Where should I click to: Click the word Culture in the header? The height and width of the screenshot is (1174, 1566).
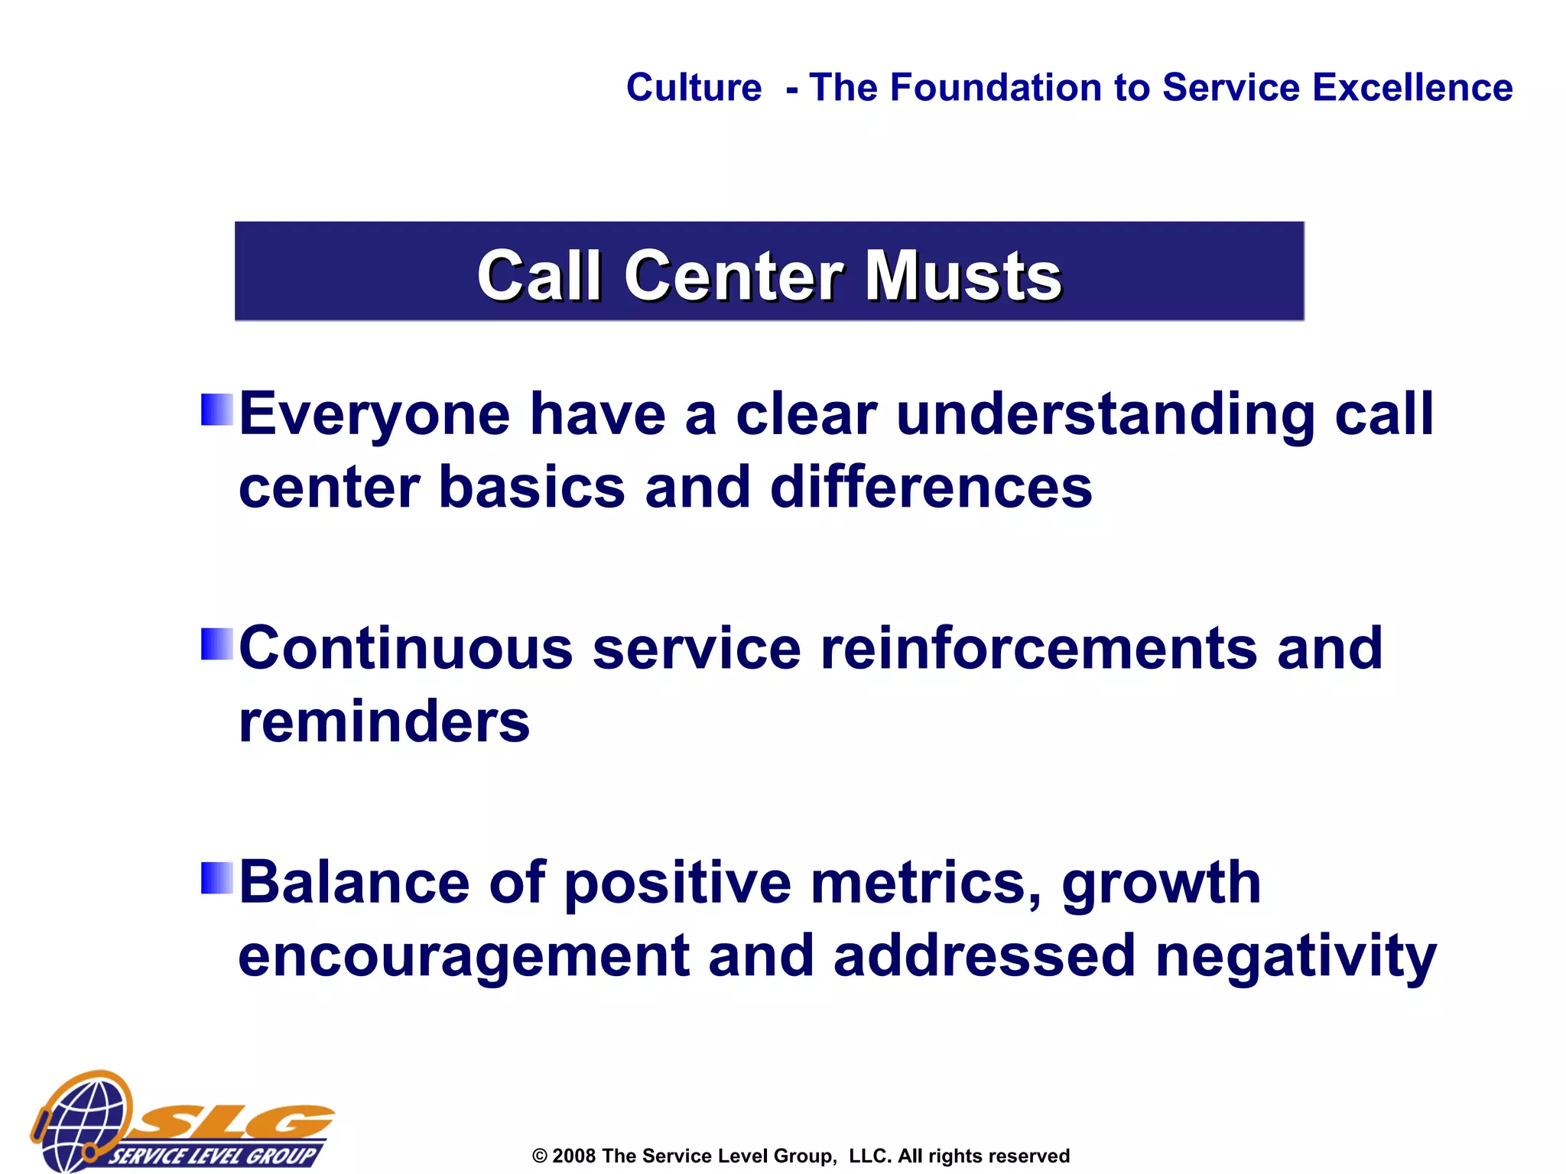coord(694,88)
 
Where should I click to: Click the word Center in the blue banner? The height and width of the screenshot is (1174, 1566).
coord(733,276)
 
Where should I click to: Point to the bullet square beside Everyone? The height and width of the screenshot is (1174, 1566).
coord(216,410)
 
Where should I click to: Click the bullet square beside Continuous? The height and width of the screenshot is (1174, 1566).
coord(216,644)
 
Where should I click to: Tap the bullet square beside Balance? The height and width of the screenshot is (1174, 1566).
coord(216,877)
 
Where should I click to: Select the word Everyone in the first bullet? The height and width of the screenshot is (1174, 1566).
coord(375,414)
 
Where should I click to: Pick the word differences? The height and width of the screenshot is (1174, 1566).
coord(931,488)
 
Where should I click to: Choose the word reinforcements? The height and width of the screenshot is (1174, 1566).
coord(1038,648)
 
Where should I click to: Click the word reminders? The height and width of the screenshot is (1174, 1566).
coord(384,722)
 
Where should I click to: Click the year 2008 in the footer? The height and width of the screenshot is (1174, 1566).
coord(573,1156)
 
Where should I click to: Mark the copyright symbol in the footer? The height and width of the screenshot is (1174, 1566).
coord(540,1156)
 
